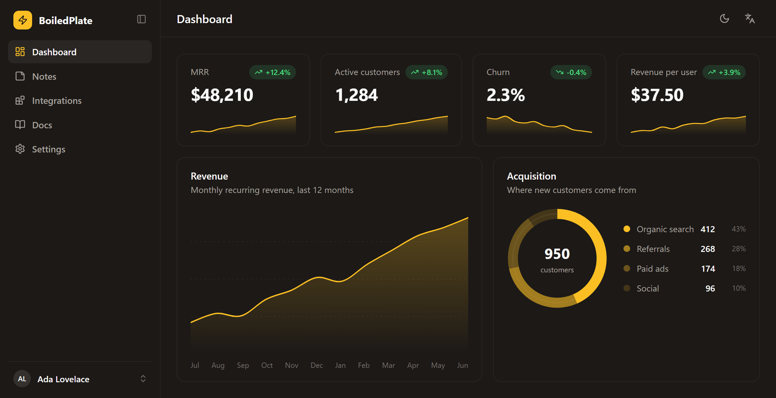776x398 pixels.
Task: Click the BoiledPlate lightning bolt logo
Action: click(x=23, y=20)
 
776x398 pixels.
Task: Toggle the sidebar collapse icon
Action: click(x=141, y=19)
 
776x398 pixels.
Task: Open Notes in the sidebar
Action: click(x=44, y=76)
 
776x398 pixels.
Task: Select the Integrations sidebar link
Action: click(x=57, y=101)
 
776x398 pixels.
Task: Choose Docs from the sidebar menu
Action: click(x=42, y=125)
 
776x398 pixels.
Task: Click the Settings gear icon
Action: click(x=20, y=149)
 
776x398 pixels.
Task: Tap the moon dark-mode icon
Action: click(x=724, y=19)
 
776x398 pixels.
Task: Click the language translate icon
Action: click(x=750, y=19)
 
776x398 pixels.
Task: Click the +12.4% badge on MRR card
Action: click(x=273, y=72)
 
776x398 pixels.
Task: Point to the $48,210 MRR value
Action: click(x=222, y=95)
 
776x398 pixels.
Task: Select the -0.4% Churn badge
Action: click(x=571, y=72)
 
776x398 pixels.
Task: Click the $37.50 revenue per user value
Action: click(x=657, y=95)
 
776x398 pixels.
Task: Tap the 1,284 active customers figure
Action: click(x=357, y=95)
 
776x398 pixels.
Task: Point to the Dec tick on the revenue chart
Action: click(x=317, y=365)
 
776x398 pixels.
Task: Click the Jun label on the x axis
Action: click(x=463, y=365)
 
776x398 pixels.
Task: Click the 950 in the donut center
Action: click(x=557, y=254)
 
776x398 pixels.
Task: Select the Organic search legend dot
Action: click(x=627, y=229)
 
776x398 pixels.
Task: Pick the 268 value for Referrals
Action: click(x=708, y=249)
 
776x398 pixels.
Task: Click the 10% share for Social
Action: click(x=739, y=288)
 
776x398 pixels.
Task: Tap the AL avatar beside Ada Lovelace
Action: click(x=22, y=379)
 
